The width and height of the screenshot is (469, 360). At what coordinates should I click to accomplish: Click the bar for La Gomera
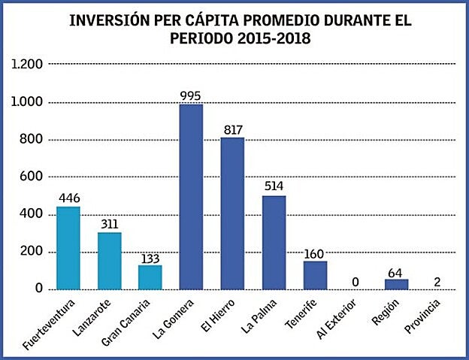click(x=192, y=197)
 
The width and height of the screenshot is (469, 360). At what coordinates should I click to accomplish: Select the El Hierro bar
click(x=232, y=213)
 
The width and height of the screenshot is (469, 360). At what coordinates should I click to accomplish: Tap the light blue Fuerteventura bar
click(x=68, y=248)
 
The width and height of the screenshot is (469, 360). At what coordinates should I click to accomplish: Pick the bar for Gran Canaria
click(x=150, y=277)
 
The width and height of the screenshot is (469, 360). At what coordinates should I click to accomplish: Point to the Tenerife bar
click(x=314, y=275)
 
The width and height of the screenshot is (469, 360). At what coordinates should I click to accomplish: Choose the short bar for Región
click(x=396, y=284)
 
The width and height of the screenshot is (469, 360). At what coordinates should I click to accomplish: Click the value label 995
click(x=192, y=95)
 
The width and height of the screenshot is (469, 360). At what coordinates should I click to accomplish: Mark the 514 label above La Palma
click(x=274, y=186)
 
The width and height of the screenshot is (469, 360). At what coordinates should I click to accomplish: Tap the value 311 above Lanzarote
click(x=110, y=223)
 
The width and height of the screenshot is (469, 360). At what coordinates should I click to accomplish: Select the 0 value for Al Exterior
click(x=356, y=281)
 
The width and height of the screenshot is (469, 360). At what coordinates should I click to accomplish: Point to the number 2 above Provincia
click(x=437, y=280)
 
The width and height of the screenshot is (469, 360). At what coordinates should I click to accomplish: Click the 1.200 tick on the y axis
click(x=27, y=65)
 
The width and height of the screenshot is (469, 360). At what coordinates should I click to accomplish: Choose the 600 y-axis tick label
click(x=32, y=177)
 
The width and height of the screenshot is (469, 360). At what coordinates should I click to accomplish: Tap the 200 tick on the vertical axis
click(x=32, y=253)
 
